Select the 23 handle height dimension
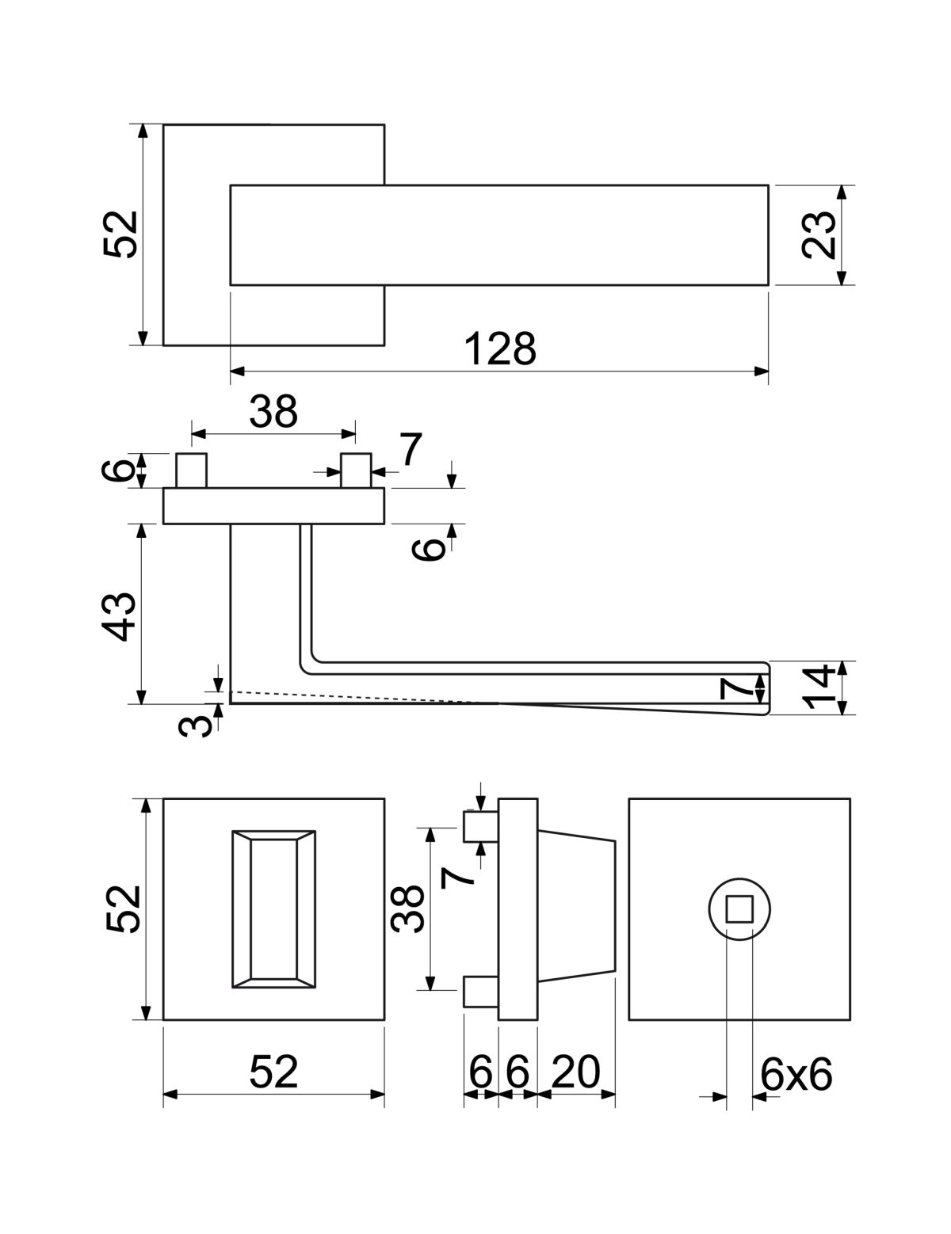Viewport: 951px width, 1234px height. (818, 235)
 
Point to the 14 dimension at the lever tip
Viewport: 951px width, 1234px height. (818, 688)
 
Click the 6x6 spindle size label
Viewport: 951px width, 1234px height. (796, 1074)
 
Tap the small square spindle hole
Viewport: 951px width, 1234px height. (739, 908)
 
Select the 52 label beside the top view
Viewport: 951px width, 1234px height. (120, 234)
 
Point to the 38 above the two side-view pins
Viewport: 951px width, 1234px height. (273, 412)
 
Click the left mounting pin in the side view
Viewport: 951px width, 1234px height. (192, 470)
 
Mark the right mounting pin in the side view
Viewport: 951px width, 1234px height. (355, 470)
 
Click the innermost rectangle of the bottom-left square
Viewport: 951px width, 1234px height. (273, 908)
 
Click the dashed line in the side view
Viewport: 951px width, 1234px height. (357, 697)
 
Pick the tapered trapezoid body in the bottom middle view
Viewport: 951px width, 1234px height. (576, 908)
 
